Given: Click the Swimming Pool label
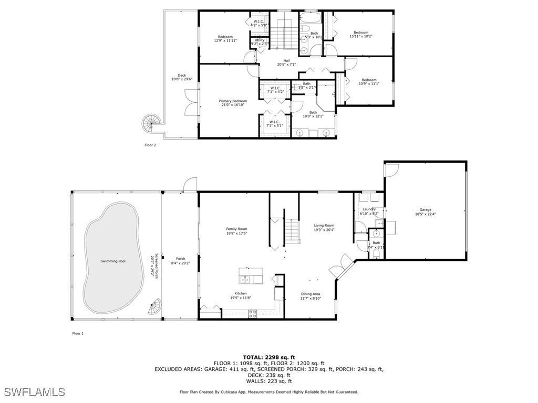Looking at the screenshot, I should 113,261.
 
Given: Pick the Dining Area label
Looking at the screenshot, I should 311,295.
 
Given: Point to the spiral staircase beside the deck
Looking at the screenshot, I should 150,124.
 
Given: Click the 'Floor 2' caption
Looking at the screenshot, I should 150,145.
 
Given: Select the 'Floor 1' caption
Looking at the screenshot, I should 78,333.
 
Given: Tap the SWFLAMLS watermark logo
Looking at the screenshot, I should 34,391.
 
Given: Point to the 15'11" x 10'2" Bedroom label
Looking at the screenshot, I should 360,35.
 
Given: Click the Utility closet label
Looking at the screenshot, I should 260,41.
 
